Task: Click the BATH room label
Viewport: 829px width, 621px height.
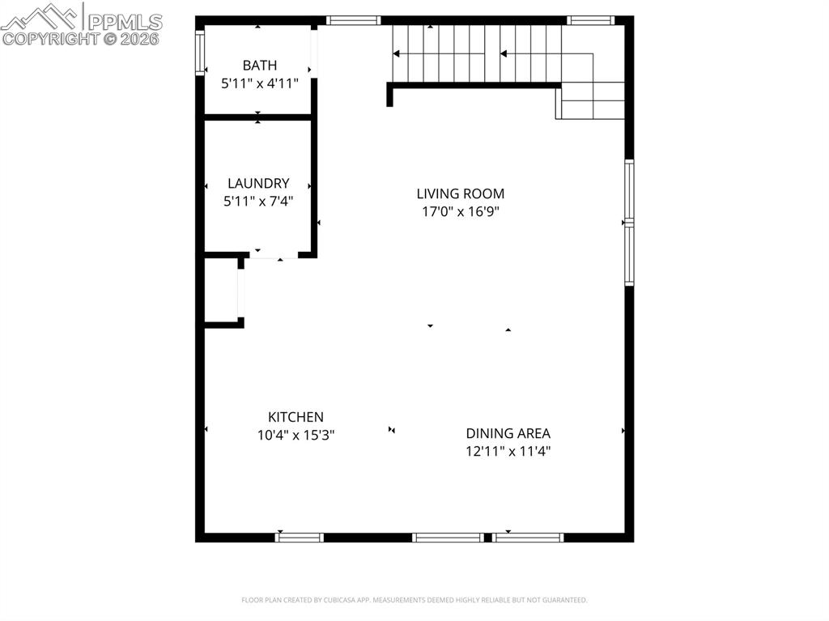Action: tap(259, 66)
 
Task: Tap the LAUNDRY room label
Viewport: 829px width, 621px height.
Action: tap(258, 184)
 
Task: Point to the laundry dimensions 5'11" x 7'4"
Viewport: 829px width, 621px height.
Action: tap(258, 201)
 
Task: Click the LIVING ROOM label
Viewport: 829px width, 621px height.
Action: tap(460, 194)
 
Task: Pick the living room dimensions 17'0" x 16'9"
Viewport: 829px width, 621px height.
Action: tap(460, 211)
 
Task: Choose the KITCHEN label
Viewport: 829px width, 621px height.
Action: tap(295, 417)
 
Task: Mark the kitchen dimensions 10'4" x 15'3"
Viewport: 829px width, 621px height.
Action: tap(295, 435)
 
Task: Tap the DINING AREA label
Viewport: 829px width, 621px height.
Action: tap(508, 433)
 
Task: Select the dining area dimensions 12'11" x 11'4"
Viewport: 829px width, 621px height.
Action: tap(508, 451)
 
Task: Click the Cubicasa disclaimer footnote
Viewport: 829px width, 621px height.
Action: tap(414, 600)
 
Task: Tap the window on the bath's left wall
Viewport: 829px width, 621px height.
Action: tap(199, 53)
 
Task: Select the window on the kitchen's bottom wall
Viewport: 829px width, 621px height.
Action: tap(300, 537)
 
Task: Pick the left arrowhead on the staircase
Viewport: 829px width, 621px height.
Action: tap(397, 54)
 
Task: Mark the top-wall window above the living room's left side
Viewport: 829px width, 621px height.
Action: tap(353, 20)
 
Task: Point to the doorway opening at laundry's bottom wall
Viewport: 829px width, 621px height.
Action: tap(270, 257)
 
